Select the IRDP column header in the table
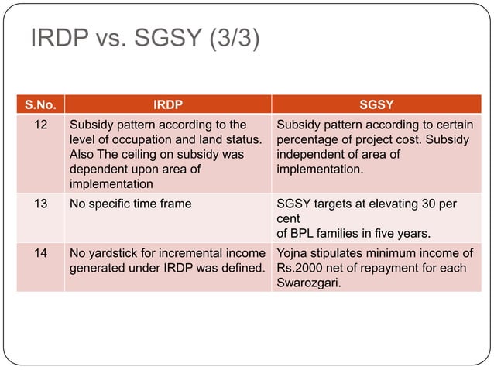pyautogui.click(x=167, y=103)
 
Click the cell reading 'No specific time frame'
pyautogui.click(x=130, y=204)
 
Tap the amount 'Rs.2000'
pyautogui.click(x=300, y=269)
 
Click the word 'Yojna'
pyautogui.click(x=294, y=253)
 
